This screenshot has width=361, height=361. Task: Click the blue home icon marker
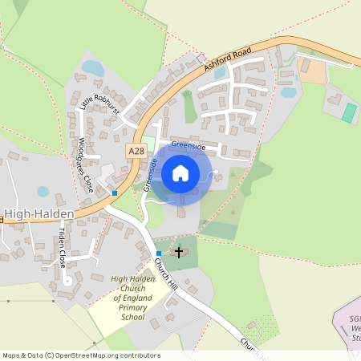tap(180, 172)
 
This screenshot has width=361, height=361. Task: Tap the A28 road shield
tap(136, 150)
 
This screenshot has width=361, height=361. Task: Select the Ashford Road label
tap(228, 61)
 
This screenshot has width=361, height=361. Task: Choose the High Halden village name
tap(39, 214)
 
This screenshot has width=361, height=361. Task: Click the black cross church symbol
tap(179, 251)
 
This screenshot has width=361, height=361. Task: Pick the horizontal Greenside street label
tap(189, 148)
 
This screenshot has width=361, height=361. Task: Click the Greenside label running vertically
tap(150, 174)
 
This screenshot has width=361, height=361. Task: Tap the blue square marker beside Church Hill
tap(159, 254)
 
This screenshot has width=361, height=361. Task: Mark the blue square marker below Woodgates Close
tap(115, 193)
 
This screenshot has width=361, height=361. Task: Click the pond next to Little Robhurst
tap(93, 68)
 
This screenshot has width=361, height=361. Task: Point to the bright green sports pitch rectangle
tap(349, 112)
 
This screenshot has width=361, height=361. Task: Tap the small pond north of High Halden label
tap(43, 193)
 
